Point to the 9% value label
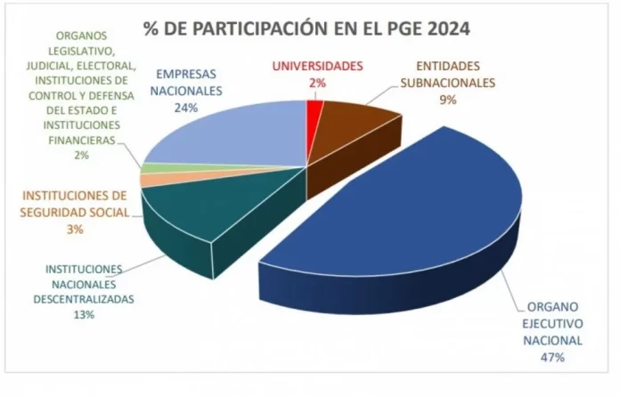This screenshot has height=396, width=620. [446, 100]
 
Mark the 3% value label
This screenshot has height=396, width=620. [75, 229]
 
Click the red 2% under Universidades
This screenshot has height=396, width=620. [318, 82]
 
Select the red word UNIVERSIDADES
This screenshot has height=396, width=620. [318, 66]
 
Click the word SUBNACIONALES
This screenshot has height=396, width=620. [445, 83]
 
